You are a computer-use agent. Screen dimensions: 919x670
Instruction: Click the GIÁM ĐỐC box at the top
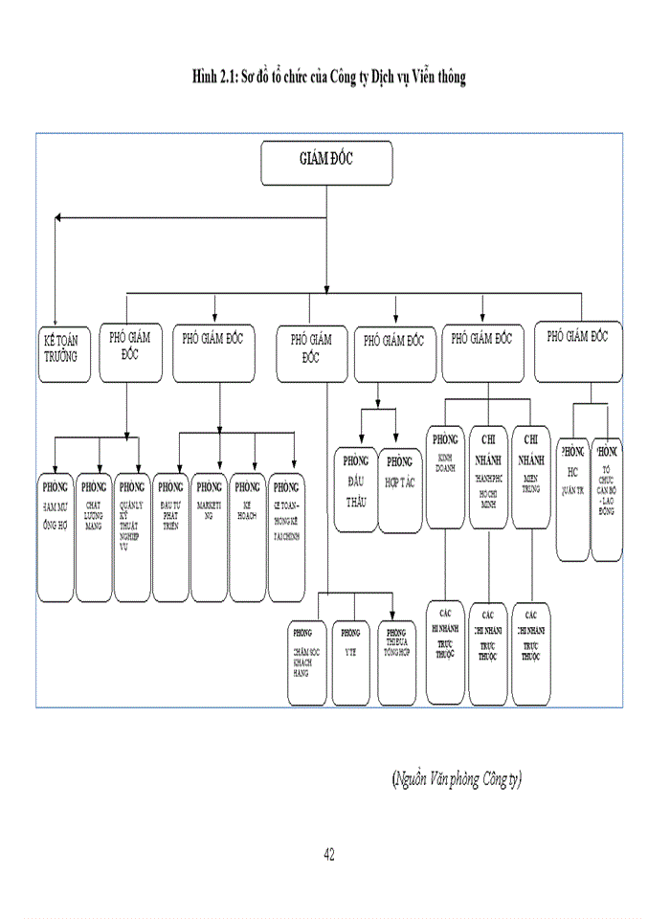[325, 163]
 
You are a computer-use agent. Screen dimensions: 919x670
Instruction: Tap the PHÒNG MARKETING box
[209, 536]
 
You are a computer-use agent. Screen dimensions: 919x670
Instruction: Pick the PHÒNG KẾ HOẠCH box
[248, 536]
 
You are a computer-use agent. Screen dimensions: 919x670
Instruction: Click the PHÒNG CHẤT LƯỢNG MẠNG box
[94, 536]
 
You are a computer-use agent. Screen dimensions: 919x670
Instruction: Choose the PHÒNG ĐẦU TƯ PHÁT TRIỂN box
[170, 536]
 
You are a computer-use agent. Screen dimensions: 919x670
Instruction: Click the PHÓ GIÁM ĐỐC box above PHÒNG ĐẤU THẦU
[394, 354]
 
